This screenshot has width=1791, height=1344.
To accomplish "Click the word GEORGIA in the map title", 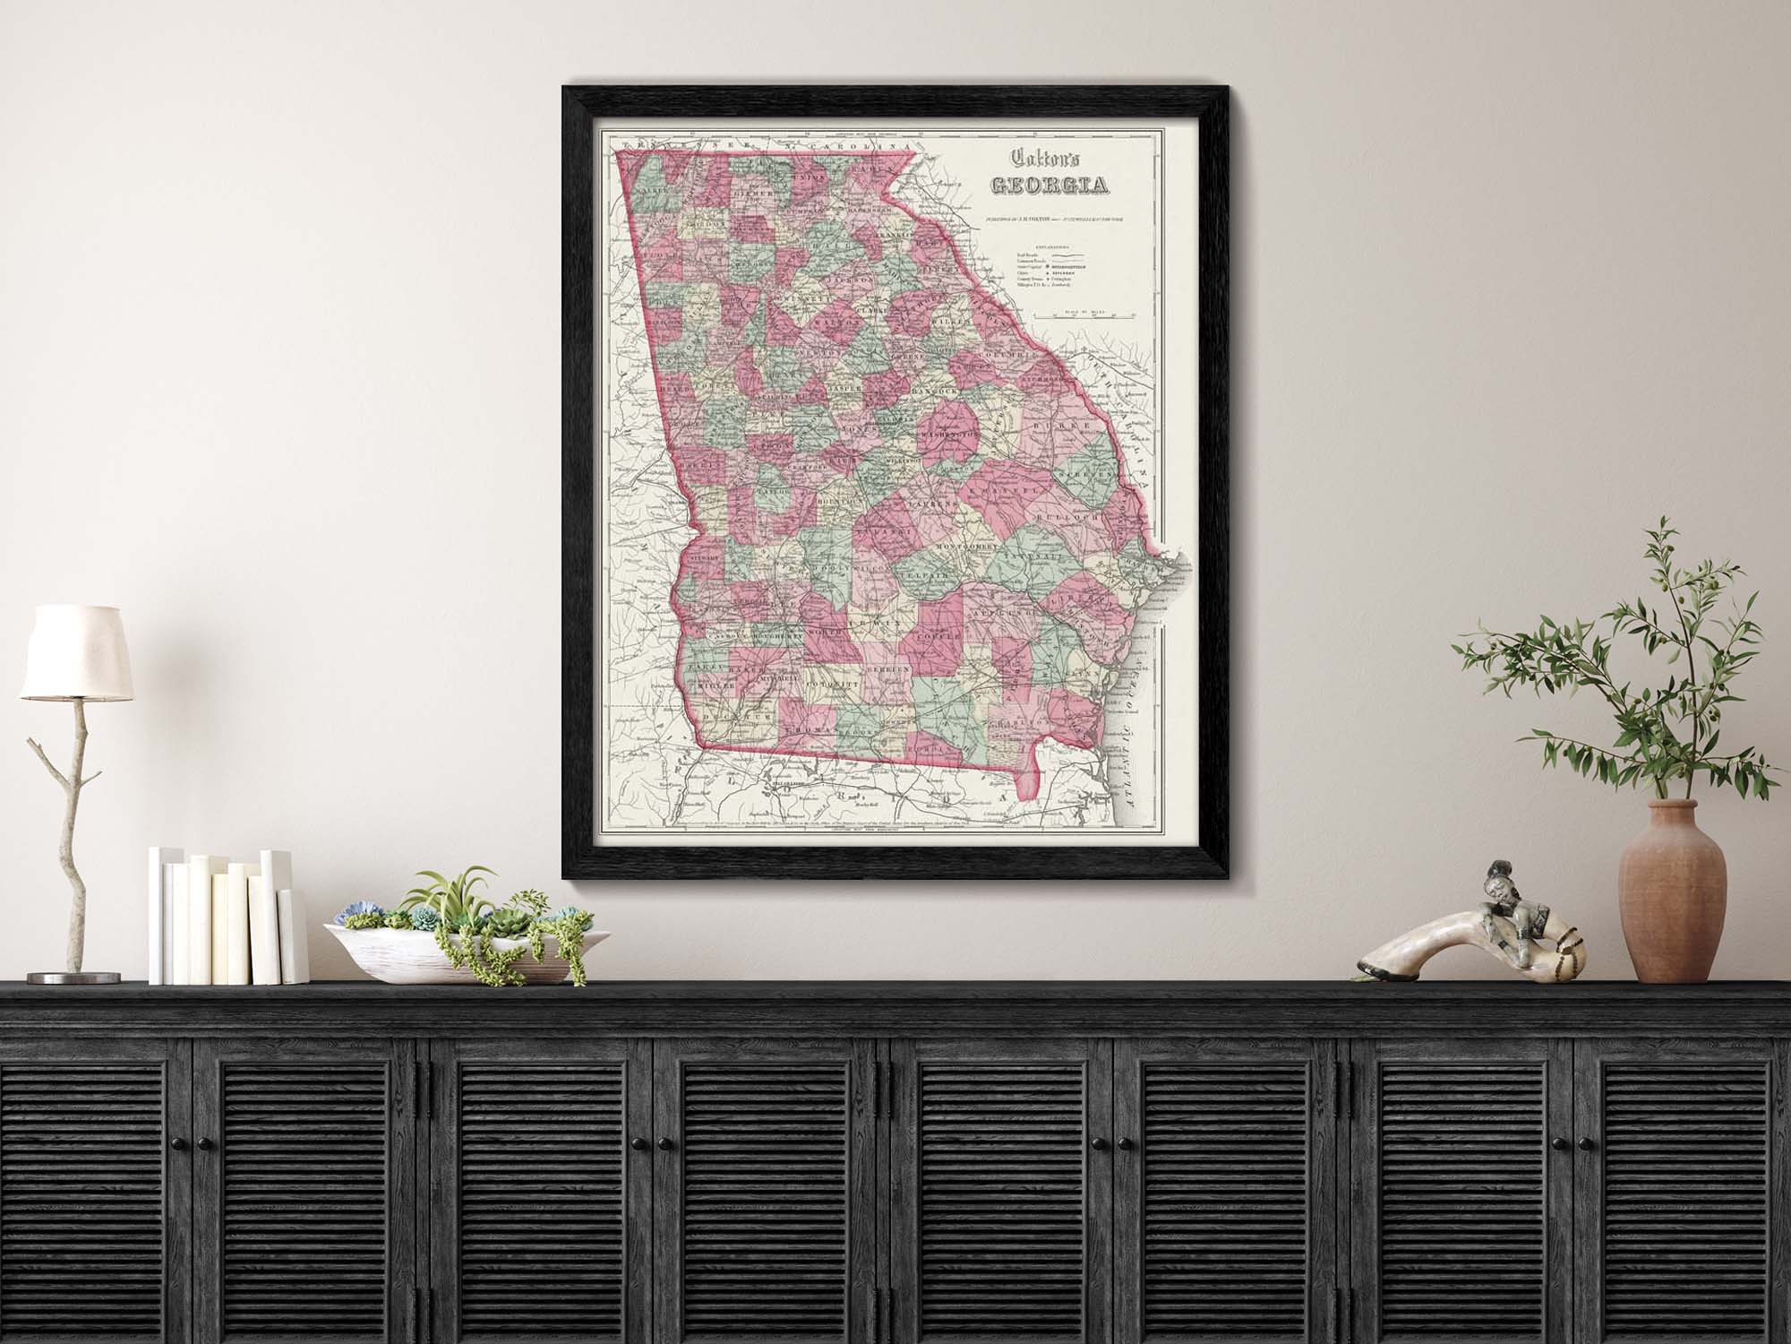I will [1048, 185].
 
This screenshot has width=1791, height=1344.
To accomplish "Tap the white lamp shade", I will [75, 651].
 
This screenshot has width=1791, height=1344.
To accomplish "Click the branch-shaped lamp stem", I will [67, 806].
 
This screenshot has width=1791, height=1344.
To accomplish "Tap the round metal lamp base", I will [73, 977].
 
